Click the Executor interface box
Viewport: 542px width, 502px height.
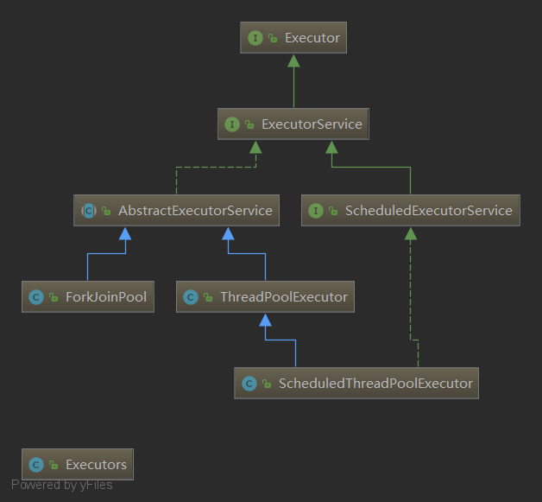tap(293, 37)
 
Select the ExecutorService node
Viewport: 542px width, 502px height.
tap(293, 124)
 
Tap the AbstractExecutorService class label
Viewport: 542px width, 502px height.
tap(195, 210)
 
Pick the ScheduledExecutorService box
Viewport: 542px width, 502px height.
tap(411, 210)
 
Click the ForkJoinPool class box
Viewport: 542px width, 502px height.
tap(88, 297)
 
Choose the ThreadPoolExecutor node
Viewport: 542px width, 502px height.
tap(265, 297)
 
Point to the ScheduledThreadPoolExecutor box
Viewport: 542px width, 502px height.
tap(356, 384)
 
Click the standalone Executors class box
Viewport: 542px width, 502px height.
tap(78, 464)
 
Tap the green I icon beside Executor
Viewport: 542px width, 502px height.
tap(255, 38)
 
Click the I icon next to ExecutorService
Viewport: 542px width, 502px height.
tap(232, 124)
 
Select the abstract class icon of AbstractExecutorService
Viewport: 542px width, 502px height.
tap(89, 211)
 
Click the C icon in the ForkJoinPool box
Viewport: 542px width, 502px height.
tap(36, 297)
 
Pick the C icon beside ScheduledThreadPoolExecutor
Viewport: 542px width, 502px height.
tap(249, 384)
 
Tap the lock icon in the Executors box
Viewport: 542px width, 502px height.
tap(54, 465)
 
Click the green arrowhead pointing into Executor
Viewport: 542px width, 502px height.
tap(293, 60)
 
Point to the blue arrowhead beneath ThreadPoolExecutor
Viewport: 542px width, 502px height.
tap(265, 320)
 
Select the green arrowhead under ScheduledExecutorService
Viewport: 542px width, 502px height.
tap(410, 233)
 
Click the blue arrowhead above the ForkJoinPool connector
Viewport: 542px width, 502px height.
tap(125, 233)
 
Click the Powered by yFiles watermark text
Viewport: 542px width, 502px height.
tap(62, 485)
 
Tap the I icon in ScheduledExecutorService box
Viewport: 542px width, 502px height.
tap(316, 211)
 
